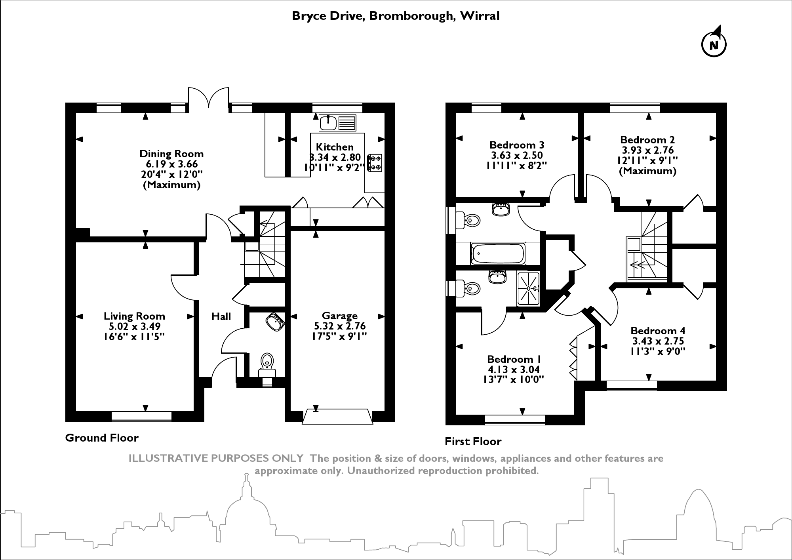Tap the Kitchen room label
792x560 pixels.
(335, 147)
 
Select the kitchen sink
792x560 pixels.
(337, 123)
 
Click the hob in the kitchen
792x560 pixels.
(375, 163)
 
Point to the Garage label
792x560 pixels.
(339, 316)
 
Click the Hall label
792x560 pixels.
(221, 316)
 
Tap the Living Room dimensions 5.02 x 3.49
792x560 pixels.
(135, 326)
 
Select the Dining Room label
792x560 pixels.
(171, 154)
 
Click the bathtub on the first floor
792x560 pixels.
(498, 254)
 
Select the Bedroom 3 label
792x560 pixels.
(517, 145)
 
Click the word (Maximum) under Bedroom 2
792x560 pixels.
(648, 171)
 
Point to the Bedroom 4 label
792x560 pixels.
(658, 331)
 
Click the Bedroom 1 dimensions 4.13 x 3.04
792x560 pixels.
(514, 370)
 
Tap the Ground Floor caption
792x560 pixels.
(102, 438)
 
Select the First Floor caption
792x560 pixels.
(473, 441)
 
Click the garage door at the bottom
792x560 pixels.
(337, 417)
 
